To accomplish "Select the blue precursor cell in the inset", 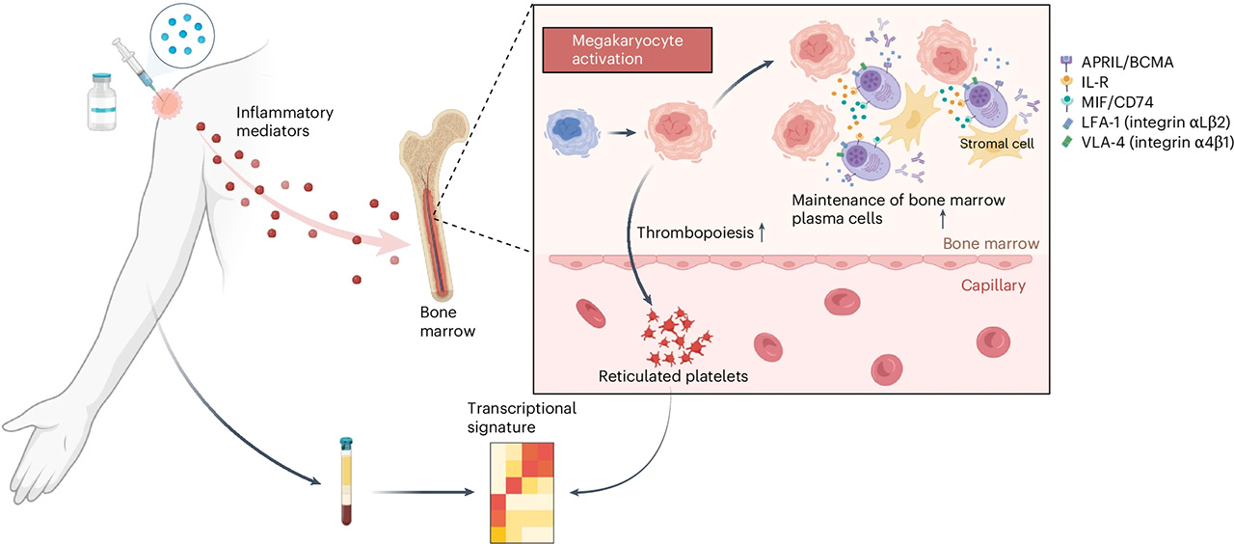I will click(578, 134).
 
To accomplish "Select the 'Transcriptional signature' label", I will click(522, 418).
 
